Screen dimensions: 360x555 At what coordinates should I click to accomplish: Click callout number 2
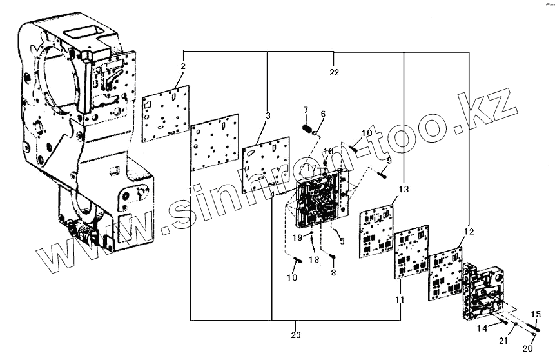pyautogui.click(x=183, y=66)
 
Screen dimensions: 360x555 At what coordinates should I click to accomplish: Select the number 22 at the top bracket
pyautogui.click(x=334, y=72)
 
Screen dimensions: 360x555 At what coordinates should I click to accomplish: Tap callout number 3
pyautogui.click(x=268, y=115)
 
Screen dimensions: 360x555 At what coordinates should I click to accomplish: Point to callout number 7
pyautogui.click(x=306, y=110)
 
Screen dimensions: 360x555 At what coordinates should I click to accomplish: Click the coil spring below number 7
pyautogui.click(x=307, y=127)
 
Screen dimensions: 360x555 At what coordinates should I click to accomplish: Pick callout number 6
pyautogui.click(x=323, y=114)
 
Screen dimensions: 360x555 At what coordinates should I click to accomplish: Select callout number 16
pyautogui.click(x=328, y=151)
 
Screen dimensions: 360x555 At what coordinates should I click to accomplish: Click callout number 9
pyautogui.click(x=389, y=160)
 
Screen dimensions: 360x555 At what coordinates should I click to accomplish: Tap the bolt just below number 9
pyautogui.click(x=383, y=173)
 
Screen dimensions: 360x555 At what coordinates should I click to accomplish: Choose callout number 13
pyautogui.click(x=404, y=190)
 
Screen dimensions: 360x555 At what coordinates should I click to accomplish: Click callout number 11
pyautogui.click(x=399, y=300)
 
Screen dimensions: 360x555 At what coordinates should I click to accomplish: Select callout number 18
pyautogui.click(x=313, y=259)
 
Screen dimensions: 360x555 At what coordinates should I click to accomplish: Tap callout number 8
pyautogui.click(x=333, y=273)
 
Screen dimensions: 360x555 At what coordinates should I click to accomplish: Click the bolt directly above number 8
pyautogui.click(x=333, y=259)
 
